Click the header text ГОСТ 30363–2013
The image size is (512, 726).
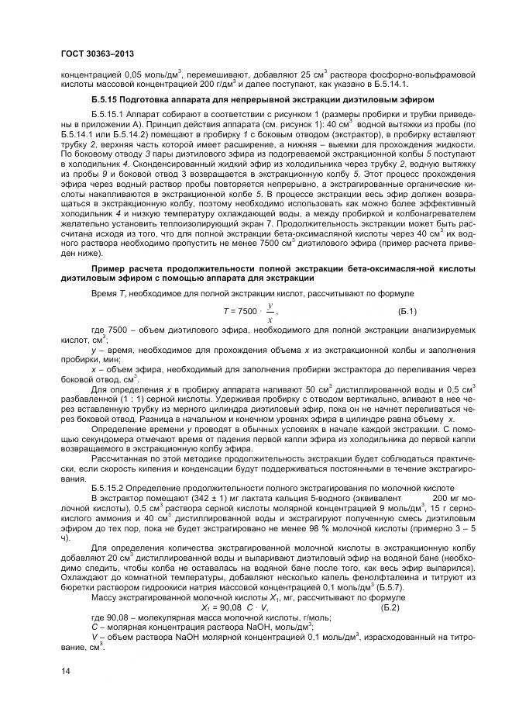pyautogui.click(x=91, y=53)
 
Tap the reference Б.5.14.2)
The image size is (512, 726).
pyautogui.click(x=99, y=133)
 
